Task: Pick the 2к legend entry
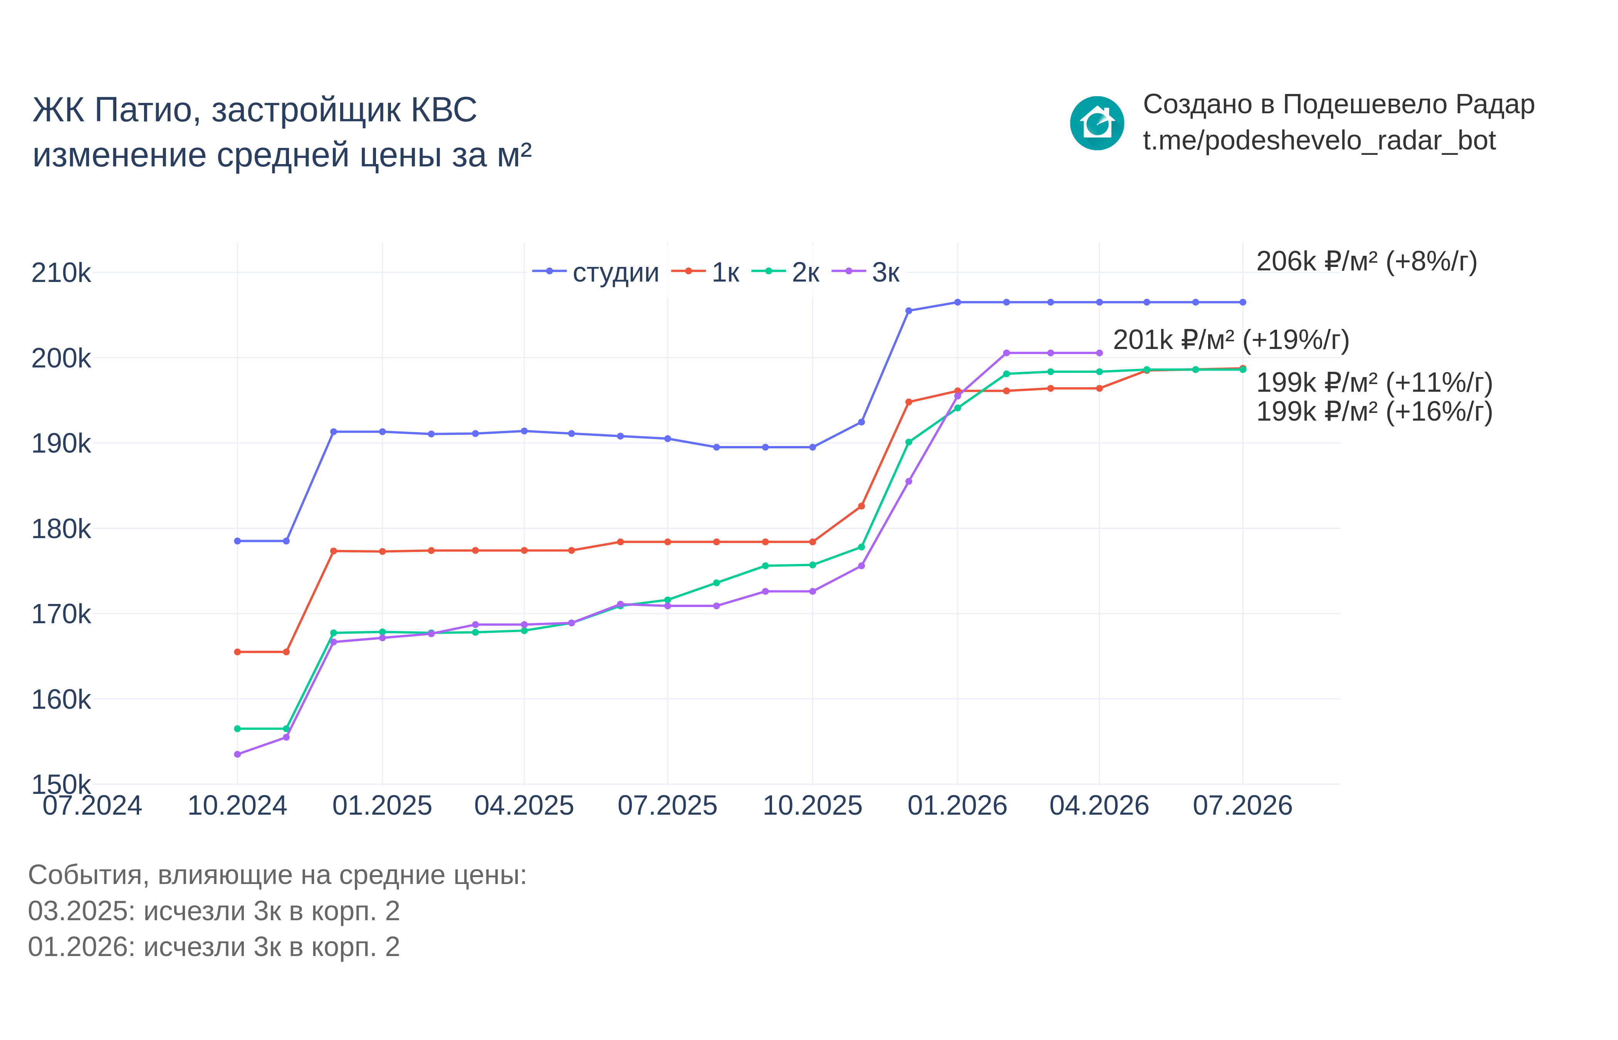point(786,272)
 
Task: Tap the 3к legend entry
point(866,272)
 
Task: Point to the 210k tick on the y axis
point(61,273)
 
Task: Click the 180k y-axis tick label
point(61,529)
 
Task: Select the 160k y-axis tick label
point(61,699)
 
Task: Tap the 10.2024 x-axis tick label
point(237,806)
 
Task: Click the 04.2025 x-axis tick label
point(524,806)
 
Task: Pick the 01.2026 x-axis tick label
point(957,806)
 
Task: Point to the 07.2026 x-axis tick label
point(1242,806)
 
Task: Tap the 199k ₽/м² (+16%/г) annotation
point(1374,411)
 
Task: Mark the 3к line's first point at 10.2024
point(237,754)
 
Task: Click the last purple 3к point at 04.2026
point(1099,352)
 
